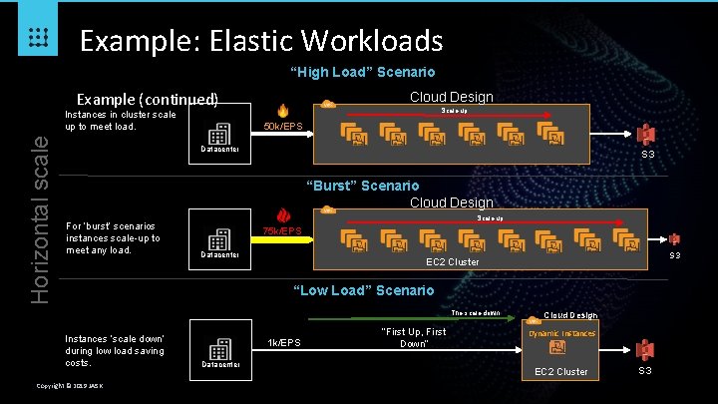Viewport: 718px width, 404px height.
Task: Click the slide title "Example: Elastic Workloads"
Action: pyautogui.click(x=260, y=41)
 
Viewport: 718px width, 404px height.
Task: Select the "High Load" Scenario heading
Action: pyautogui.click(x=362, y=72)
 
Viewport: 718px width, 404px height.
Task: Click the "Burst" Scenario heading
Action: pyautogui.click(x=362, y=186)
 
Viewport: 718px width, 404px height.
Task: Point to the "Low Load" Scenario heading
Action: pyautogui.click(x=363, y=290)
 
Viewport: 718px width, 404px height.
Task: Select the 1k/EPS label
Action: pyautogui.click(x=286, y=343)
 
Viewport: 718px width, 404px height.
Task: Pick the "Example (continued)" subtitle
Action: pyautogui.click(x=149, y=100)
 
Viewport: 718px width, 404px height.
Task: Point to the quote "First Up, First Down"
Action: pyautogui.click(x=413, y=337)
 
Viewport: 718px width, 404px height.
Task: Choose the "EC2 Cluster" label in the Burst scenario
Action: pyautogui.click(x=452, y=261)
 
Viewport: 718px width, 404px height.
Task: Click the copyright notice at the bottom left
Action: pyautogui.click(x=75, y=386)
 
